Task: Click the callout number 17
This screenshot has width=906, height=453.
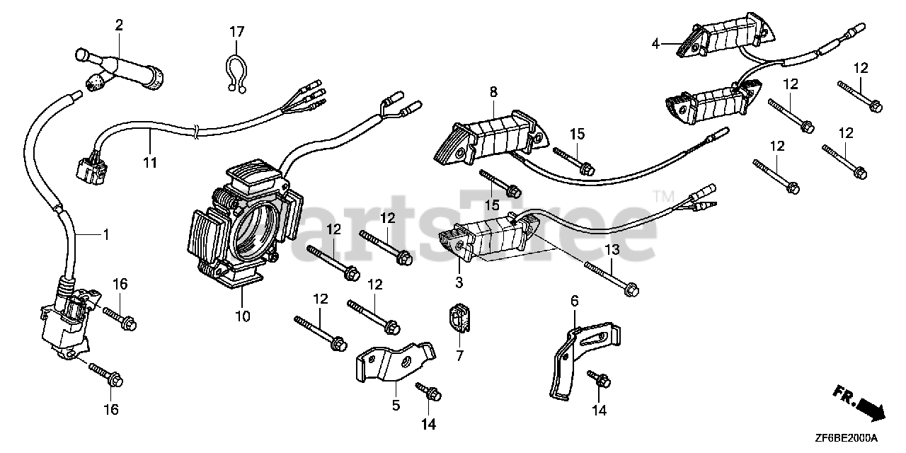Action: coord(236,32)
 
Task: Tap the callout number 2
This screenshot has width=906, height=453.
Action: coord(119,25)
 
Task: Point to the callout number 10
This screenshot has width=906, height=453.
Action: coord(243,316)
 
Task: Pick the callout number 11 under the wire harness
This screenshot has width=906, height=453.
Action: coord(149,162)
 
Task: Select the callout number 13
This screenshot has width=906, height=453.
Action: coord(612,250)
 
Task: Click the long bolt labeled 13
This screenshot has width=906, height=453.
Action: coord(612,277)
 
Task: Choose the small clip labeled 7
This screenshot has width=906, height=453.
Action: coord(459,319)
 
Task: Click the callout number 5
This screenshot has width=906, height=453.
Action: coord(396,405)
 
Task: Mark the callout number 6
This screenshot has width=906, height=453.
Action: coord(574,302)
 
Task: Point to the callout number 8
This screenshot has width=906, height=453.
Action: coord(493,91)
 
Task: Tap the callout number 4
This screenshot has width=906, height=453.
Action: coord(656,44)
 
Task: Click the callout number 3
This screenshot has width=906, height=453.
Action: coord(459,283)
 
